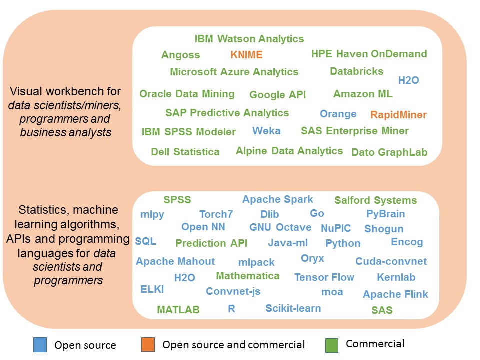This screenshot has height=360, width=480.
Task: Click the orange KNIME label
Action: click(x=246, y=55)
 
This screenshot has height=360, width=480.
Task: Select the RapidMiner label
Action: click(x=398, y=115)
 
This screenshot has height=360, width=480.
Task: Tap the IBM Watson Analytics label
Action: click(x=249, y=39)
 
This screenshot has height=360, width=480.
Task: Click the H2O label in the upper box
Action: click(x=408, y=80)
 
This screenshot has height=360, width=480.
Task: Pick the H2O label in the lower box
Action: click(x=184, y=278)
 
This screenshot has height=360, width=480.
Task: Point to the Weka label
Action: click(x=266, y=131)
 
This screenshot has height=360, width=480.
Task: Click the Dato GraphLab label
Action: click(x=389, y=152)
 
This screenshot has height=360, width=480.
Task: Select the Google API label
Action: click(x=277, y=95)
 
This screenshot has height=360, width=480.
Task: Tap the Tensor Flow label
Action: click(x=324, y=277)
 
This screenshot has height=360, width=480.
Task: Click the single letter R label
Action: click(x=231, y=309)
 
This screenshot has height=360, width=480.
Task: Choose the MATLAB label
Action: click(x=178, y=310)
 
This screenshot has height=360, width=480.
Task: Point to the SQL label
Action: click(x=145, y=242)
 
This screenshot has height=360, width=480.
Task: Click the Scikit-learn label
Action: click(x=293, y=308)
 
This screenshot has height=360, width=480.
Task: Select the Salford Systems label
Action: click(x=375, y=200)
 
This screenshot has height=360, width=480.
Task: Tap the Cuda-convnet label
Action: click(x=391, y=261)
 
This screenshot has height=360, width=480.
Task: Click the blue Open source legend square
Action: click(x=40, y=344)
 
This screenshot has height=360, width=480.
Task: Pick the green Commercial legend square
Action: click(x=331, y=344)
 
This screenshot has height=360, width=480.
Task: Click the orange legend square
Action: click(x=148, y=344)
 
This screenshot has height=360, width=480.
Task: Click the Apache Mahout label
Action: click(x=175, y=261)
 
